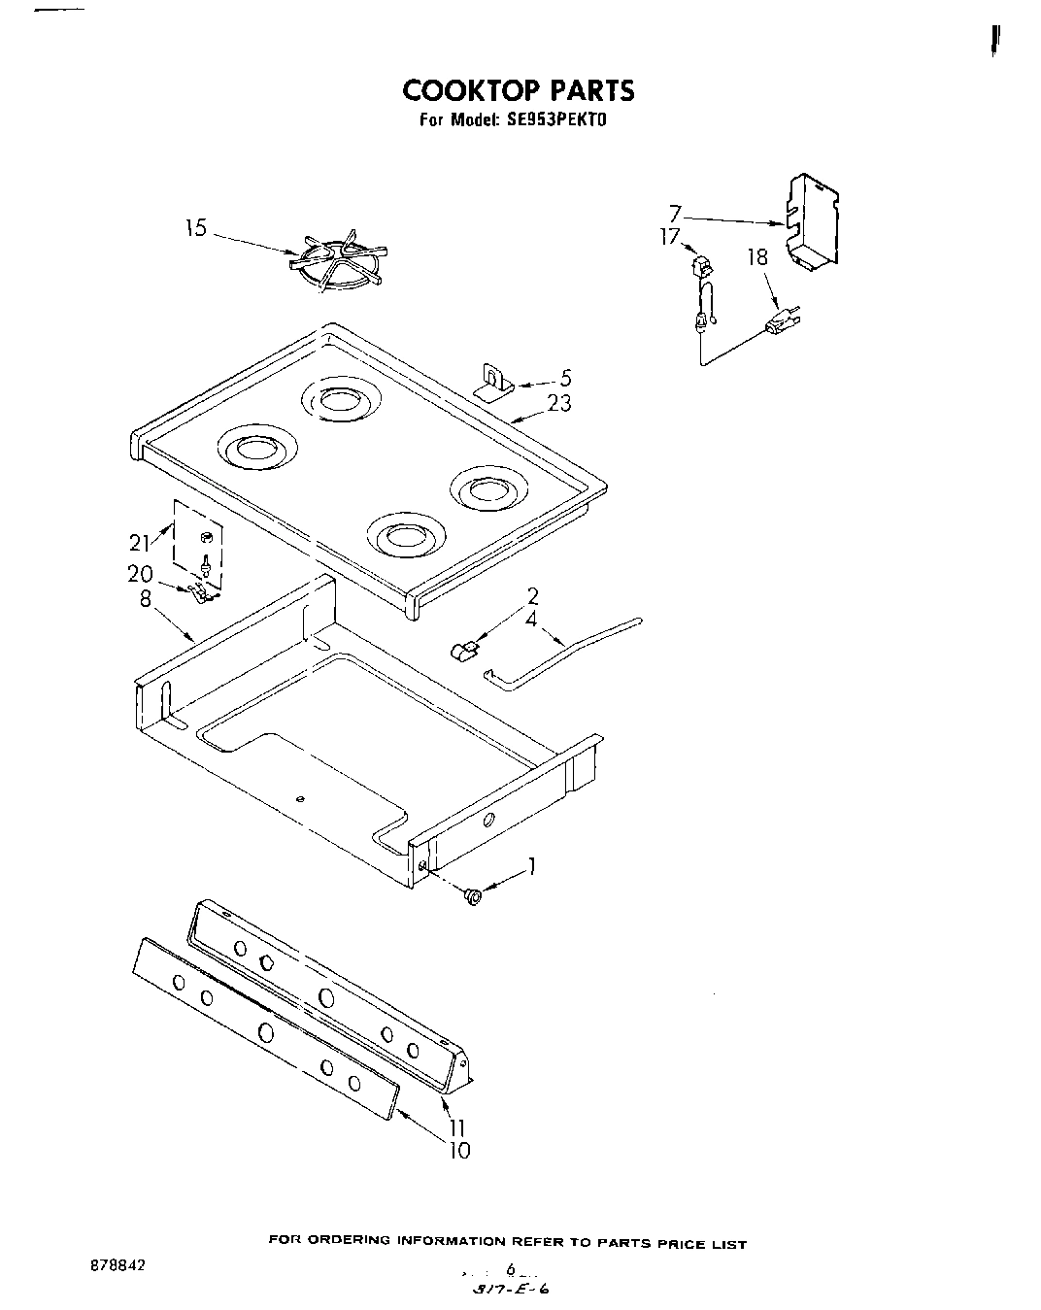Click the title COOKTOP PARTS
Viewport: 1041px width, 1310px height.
point(519,90)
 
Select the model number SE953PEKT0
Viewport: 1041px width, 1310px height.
point(556,122)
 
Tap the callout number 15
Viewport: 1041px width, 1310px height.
point(196,229)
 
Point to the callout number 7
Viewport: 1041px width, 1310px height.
point(676,212)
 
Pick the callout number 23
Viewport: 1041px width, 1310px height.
point(559,403)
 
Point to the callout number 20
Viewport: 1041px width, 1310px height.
point(140,574)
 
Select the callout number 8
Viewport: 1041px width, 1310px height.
point(145,599)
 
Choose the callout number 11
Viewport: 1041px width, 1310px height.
point(456,1128)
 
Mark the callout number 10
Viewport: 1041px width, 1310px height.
point(458,1151)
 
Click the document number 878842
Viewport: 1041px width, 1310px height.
point(113,1267)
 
